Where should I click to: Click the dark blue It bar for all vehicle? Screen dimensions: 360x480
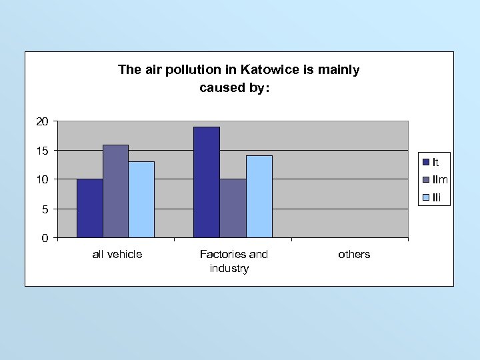89,208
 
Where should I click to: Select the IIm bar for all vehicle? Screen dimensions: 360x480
115,191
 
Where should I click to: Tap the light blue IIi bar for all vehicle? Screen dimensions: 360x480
141,199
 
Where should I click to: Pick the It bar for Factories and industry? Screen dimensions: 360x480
207,182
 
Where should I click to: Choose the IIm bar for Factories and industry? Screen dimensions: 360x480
233,208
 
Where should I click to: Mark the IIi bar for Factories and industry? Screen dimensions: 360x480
259,197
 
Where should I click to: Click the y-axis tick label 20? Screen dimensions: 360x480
42,121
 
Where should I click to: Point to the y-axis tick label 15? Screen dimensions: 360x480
42,151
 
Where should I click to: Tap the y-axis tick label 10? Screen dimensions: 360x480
42,180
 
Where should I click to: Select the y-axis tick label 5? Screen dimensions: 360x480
45,209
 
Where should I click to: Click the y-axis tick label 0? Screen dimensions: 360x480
45,238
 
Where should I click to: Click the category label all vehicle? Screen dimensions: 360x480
117,254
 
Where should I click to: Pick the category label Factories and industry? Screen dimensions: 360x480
233,261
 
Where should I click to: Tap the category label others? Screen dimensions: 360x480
354,254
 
